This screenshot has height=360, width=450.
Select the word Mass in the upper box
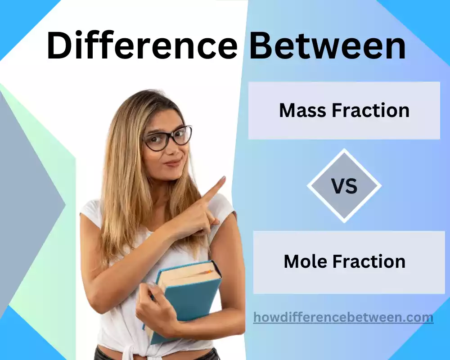tap(301, 110)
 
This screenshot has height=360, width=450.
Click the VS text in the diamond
tap(344, 186)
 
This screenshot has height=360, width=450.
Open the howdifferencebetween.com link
tap(343, 317)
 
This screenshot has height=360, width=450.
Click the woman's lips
tap(172, 162)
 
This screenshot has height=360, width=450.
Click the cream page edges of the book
tap(189, 275)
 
